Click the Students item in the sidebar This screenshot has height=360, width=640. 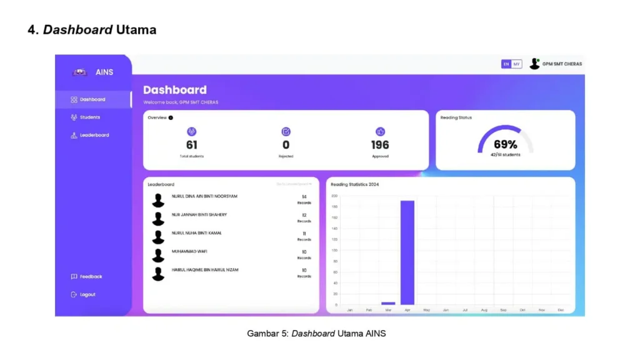click(x=89, y=117)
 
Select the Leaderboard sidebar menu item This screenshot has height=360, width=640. click(x=94, y=135)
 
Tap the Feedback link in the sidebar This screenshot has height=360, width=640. click(x=91, y=276)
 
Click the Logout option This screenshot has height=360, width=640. click(x=87, y=294)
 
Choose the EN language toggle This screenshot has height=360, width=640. click(x=506, y=64)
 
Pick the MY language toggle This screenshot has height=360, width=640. click(x=517, y=64)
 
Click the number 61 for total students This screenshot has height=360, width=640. click(x=192, y=145)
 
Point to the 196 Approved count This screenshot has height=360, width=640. click(x=380, y=145)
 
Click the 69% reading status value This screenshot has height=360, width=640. click(x=506, y=144)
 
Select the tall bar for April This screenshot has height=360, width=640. click(x=407, y=252)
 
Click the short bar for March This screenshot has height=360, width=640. click(x=388, y=303)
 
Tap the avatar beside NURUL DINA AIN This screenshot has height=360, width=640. click(x=158, y=201)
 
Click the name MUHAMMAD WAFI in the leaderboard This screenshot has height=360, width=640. click(x=189, y=251)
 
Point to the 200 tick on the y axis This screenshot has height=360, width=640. click(x=335, y=196)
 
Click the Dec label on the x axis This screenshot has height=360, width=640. click(x=561, y=310)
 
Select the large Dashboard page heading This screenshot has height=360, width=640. click(x=175, y=90)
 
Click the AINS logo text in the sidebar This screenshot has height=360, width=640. click(x=104, y=72)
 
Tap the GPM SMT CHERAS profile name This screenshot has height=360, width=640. click(x=562, y=64)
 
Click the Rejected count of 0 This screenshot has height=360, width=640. click(x=286, y=145)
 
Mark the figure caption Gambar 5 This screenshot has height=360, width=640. click(x=316, y=334)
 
